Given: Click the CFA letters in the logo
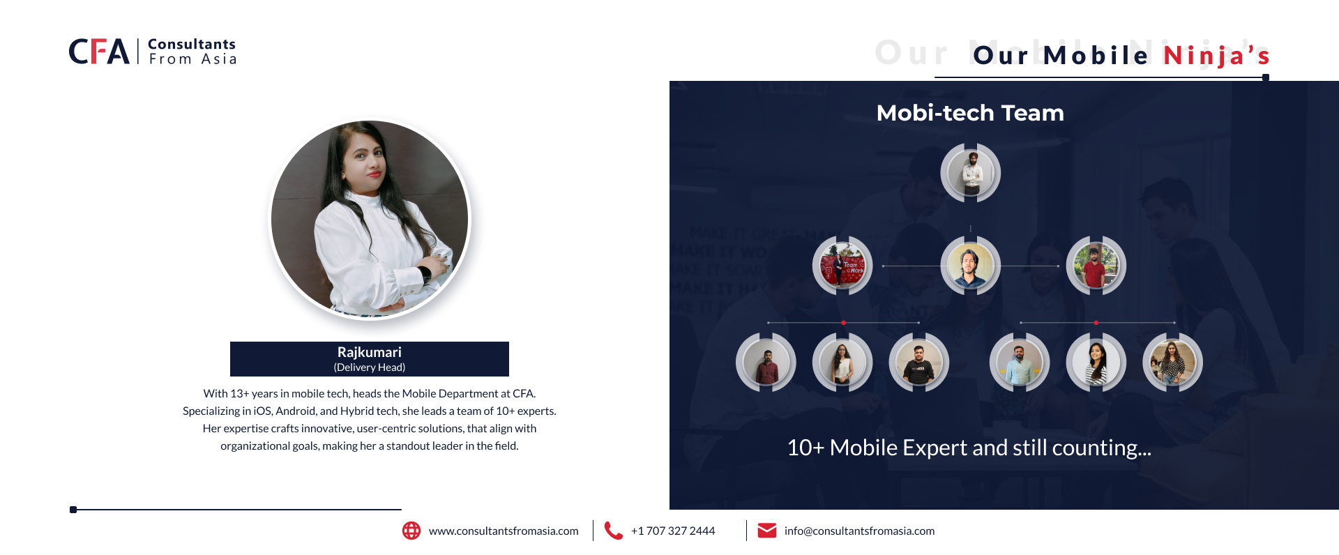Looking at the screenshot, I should point(99,52).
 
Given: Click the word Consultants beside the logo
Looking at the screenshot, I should point(192,44).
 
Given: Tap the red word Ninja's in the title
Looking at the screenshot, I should point(1216,55).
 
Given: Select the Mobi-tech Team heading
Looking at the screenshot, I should point(970,113).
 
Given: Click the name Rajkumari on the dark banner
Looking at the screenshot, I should point(369,352).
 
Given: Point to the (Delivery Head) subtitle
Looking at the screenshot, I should point(369,367).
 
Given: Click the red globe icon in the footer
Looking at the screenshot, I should point(411,531).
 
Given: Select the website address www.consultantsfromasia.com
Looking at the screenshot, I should point(504,531).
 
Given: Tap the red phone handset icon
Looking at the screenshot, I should point(613,531).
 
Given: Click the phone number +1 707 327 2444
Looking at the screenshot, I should point(673,531).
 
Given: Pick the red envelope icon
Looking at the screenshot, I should point(767,531).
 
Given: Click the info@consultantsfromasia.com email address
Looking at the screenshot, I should point(859,531).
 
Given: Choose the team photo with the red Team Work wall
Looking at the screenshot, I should point(842,266).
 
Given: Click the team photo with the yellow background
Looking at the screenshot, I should point(970,266).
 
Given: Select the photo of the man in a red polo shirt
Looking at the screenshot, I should point(1096,266).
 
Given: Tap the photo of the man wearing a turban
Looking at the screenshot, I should point(970,173).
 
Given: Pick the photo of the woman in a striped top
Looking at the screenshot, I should point(1096,363).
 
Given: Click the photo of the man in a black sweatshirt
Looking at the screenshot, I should point(918,363).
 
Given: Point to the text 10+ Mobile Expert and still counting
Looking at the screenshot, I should point(969,448).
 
